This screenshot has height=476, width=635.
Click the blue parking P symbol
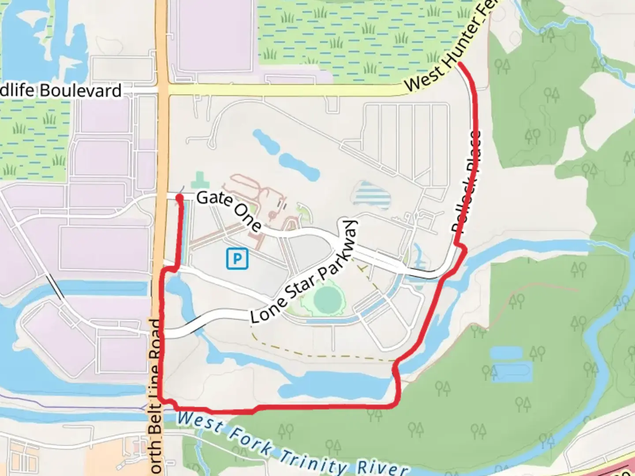pyautogui.click(x=237, y=259)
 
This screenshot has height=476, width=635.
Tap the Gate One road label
pyautogui.click(x=229, y=210)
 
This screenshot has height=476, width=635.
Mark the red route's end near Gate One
pyautogui.click(x=179, y=197)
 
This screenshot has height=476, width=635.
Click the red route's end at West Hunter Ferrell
pyautogui.click(x=460, y=64)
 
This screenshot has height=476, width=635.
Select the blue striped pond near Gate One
pyautogui.click(x=372, y=196)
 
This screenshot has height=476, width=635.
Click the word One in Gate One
pyautogui.click(x=248, y=219)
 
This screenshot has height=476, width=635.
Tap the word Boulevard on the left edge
pyautogui.click(x=81, y=91)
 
